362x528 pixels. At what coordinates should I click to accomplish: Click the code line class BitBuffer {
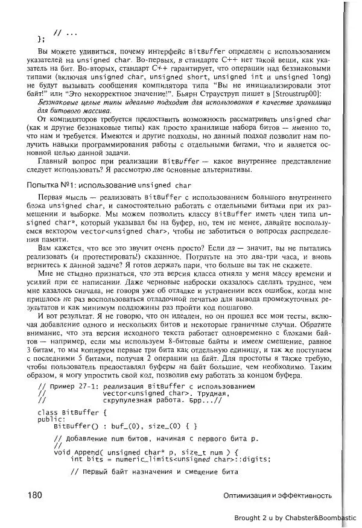[72, 413]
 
